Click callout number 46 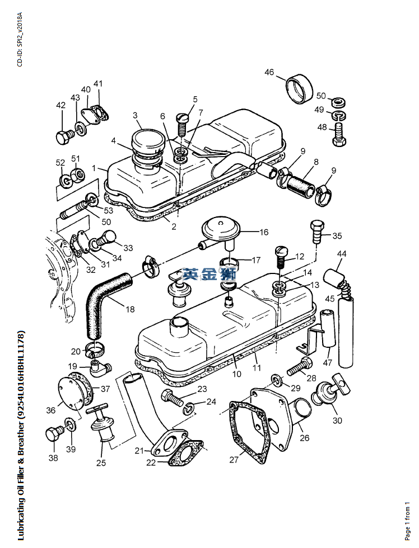click(269, 72)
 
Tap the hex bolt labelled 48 click(338, 136)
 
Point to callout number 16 click(263, 232)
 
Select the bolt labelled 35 click(315, 230)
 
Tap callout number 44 click(341, 254)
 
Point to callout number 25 click(101, 462)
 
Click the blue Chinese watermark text click(209, 275)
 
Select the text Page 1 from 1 click(408, 518)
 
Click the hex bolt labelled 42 click(62, 136)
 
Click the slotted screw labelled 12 click(281, 258)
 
